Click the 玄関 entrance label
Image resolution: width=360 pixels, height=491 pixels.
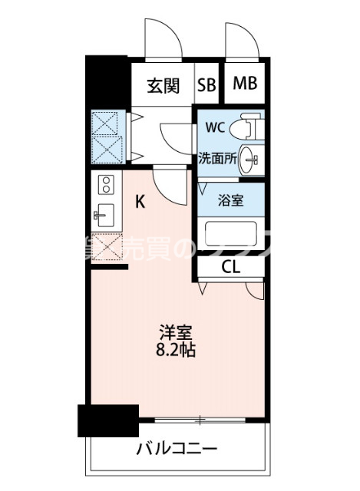pyautogui.click(x=163, y=84)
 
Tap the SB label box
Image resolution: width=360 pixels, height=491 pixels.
pyautogui.click(x=207, y=84)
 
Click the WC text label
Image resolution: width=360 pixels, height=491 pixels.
pyautogui.click(x=214, y=128)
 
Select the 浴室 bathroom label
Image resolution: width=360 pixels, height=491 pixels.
pyautogui.click(x=232, y=201)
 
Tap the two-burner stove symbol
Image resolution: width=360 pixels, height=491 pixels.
pyautogui.click(x=106, y=184)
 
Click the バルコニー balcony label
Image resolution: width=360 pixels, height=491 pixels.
pyautogui.click(x=177, y=448)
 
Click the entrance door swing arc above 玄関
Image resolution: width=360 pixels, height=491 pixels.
pyautogui.click(x=165, y=38)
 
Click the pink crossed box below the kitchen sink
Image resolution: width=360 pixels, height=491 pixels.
pyautogui.click(x=106, y=245)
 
